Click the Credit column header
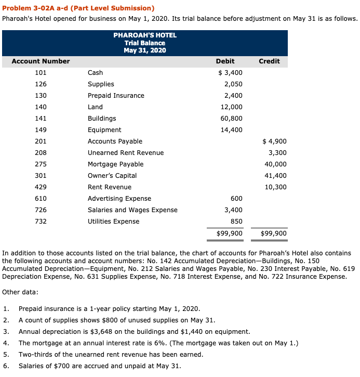coord(269,61)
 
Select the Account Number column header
coord(41,61)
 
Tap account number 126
coord(41,84)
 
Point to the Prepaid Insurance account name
coord(116,96)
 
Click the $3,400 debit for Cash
coord(230,73)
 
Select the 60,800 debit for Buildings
coord(232,119)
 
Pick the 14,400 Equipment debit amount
coord(232,130)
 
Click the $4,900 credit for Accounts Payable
coord(275,141)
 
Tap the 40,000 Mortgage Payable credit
coord(276,164)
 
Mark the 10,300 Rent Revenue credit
coord(276,187)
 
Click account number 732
coord(41,222)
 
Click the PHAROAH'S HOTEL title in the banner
coord(145,35)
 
